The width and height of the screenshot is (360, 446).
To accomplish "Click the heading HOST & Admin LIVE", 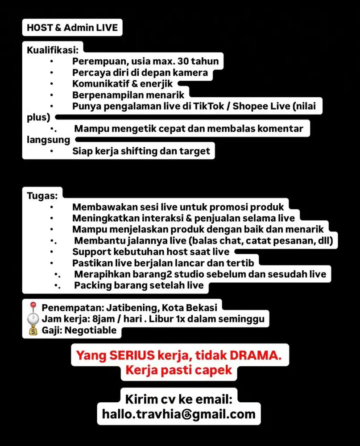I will click(x=72, y=28).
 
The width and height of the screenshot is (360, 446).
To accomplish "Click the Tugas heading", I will click(x=41, y=195).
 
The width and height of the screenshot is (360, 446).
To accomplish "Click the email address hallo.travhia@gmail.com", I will click(x=178, y=413).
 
